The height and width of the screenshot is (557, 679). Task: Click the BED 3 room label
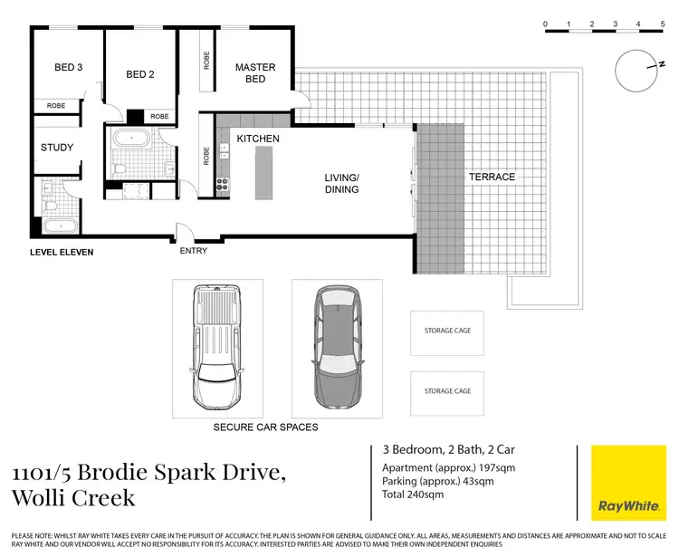tap(69, 67)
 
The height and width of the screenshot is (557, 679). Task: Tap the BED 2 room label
tap(139, 74)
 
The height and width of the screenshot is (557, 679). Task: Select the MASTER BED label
tap(255, 72)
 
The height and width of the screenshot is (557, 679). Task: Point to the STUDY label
tap(57, 148)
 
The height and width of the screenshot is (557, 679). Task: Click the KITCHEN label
tap(258, 139)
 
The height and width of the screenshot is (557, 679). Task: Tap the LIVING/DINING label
tap(341, 183)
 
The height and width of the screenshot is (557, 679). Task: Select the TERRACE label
tap(492, 177)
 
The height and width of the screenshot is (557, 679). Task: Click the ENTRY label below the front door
tap(194, 251)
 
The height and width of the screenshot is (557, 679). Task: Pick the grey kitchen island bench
tap(263, 172)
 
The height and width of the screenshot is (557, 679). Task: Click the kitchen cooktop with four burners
tap(223, 184)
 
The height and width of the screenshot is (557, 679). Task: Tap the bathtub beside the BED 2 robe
tap(131, 139)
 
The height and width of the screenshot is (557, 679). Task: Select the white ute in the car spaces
tap(216, 348)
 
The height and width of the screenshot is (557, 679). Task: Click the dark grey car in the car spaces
tap(338, 348)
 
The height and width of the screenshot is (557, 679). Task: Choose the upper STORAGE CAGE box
tap(447, 333)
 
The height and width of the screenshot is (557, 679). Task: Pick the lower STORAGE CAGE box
tap(447, 394)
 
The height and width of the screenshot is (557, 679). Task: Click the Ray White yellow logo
tap(629, 483)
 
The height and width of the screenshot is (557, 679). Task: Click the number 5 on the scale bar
tap(663, 24)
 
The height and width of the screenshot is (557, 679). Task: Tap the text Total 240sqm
tap(413, 495)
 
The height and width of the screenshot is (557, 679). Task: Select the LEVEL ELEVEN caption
tap(62, 252)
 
